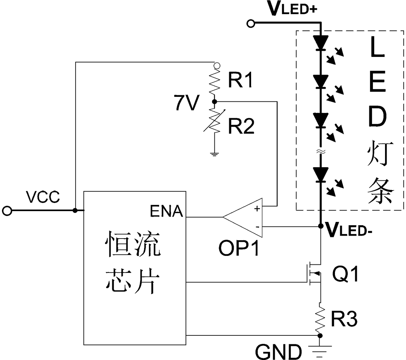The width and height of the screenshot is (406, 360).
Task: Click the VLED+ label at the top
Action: [x=293, y=9]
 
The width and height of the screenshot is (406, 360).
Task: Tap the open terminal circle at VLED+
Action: [x=251, y=24]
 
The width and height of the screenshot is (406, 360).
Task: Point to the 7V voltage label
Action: [x=187, y=103]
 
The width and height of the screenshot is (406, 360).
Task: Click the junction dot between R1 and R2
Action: [x=214, y=102]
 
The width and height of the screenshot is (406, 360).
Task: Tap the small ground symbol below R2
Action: [x=214, y=154]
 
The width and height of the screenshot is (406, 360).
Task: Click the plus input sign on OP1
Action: [x=257, y=209]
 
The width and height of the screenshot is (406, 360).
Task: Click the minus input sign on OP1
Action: [x=257, y=227]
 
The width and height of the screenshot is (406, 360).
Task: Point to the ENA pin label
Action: [x=166, y=211]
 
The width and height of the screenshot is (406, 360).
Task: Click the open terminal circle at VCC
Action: [x=7, y=211]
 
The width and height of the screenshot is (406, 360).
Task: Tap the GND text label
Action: [x=278, y=352]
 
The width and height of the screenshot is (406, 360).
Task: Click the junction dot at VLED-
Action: [x=321, y=226]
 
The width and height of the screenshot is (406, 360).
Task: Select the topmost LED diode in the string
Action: [x=321, y=43]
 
